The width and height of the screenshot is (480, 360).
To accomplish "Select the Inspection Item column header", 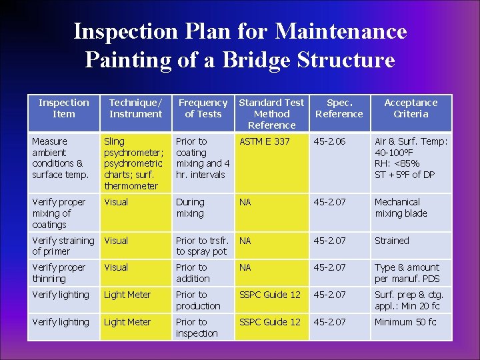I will click(x=63, y=108).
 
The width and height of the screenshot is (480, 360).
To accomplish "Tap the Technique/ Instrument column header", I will click(x=135, y=108).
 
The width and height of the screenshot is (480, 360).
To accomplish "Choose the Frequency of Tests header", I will click(x=203, y=108).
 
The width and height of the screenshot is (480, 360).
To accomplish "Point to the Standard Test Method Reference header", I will click(x=271, y=113).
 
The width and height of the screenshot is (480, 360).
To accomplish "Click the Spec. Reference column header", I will click(x=339, y=108).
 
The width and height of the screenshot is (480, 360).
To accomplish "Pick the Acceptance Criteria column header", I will click(x=411, y=108).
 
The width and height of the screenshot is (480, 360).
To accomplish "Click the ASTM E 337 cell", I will click(x=265, y=141).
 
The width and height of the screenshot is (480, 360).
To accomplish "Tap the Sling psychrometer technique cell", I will click(x=133, y=163).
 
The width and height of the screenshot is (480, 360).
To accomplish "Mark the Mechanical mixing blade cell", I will click(x=401, y=207).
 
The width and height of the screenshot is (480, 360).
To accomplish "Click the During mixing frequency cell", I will click(x=190, y=207).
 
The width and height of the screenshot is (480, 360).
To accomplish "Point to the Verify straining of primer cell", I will click(x=63, y=246).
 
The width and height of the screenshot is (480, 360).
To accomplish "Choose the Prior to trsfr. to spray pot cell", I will click(x=202, y=246).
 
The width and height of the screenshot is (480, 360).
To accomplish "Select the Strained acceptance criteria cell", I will click(x=392, y=241).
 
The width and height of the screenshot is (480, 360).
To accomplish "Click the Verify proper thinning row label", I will click(x=59, y=273).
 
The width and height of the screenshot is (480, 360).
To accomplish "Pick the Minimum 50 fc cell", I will click(x=405, y=322).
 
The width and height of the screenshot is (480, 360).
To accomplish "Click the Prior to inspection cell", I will click(x=197, y=327).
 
